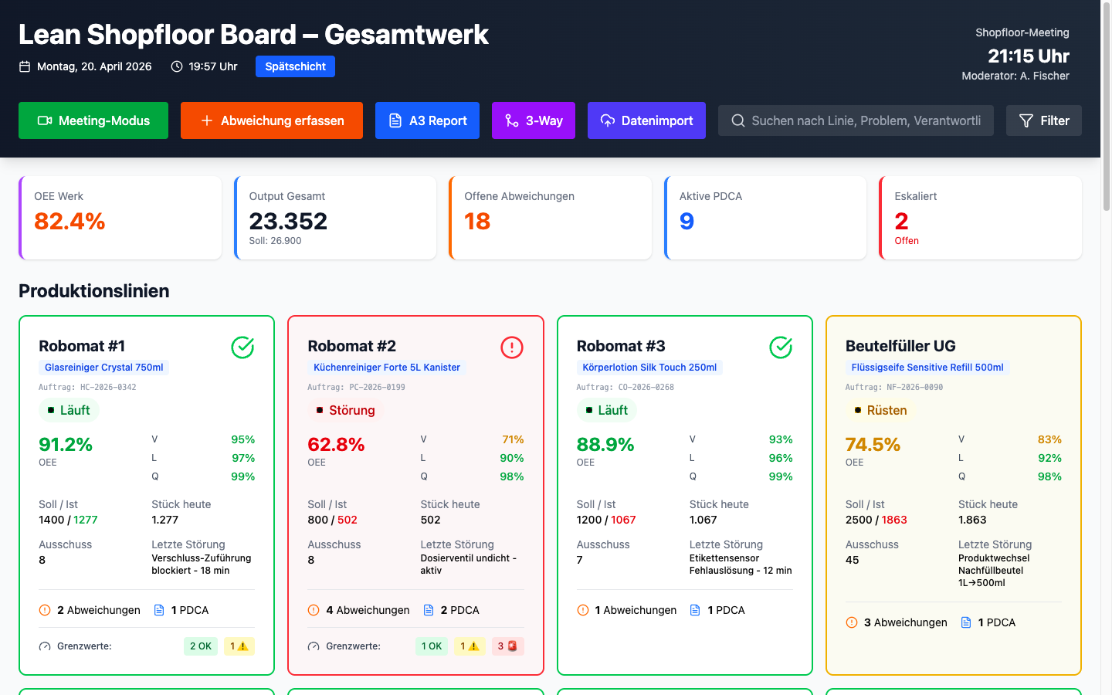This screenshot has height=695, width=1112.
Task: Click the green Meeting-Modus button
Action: click(93, 120)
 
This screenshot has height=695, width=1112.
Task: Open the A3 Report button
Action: click(427, 120)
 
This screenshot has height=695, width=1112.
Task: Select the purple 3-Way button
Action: click(533, 120)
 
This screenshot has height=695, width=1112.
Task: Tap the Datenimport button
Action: click(646, 120)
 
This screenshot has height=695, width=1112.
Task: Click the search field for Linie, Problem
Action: click(856, 120)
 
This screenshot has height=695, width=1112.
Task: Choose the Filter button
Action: click(1043, 120)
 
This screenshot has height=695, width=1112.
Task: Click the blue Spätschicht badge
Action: click(295, 66)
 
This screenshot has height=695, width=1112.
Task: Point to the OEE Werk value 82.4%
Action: click(69, 222)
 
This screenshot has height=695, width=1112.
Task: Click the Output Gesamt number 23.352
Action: click(288, 222)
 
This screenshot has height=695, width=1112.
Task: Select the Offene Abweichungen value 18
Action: click(477, 222)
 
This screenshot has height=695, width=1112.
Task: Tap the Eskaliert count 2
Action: click(901, 222)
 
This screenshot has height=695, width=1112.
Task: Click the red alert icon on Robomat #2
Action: click(511, 347)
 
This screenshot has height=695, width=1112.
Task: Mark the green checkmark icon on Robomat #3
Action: click(781, 347)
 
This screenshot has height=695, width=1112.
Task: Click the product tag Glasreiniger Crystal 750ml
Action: click(103, 368)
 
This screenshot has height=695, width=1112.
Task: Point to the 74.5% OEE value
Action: click(873, 445)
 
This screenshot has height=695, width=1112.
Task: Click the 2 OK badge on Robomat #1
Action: click(200, 646)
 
